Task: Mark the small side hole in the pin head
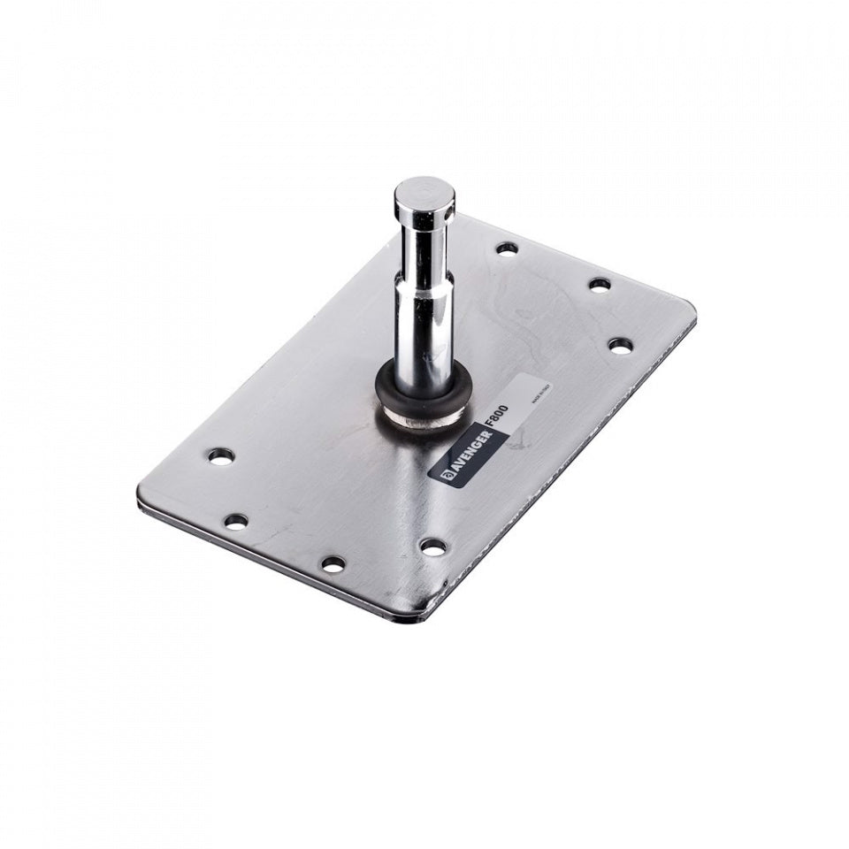tap(451, 209)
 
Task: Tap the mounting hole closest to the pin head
tap(506, 249)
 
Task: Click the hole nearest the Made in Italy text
tap(621, 346)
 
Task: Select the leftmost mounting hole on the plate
tap(220, 456)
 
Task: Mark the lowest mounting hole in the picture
tap(333, 562)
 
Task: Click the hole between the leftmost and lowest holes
tap(236, 521)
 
